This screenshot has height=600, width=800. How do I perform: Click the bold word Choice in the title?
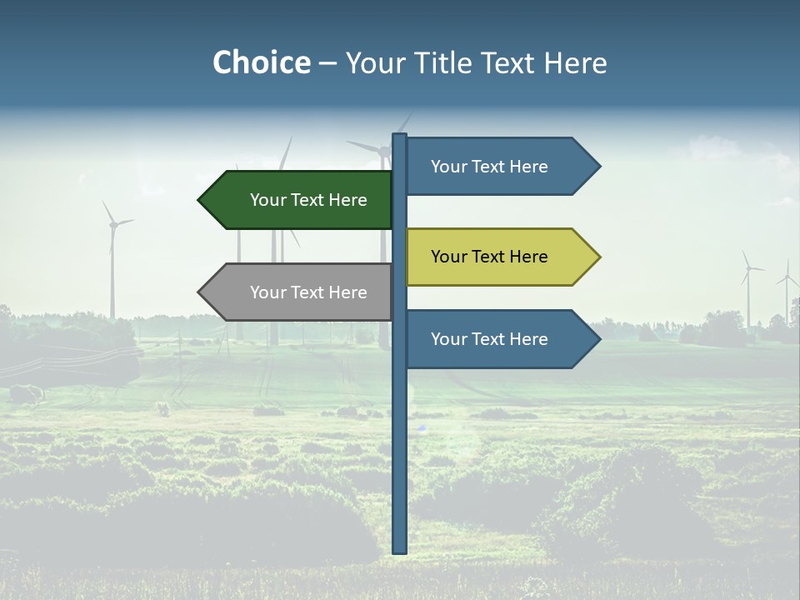point(261,62)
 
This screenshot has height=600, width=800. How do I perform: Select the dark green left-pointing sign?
point(300,200)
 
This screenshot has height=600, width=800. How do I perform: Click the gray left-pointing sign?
point(300,292)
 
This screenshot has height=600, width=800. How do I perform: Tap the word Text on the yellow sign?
point(490,257)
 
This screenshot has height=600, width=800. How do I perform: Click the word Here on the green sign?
point(347,200)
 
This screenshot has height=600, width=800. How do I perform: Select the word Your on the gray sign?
point(267,292)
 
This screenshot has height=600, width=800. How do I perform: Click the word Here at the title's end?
point(575,62)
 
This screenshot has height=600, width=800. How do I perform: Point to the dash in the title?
point(328,63)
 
